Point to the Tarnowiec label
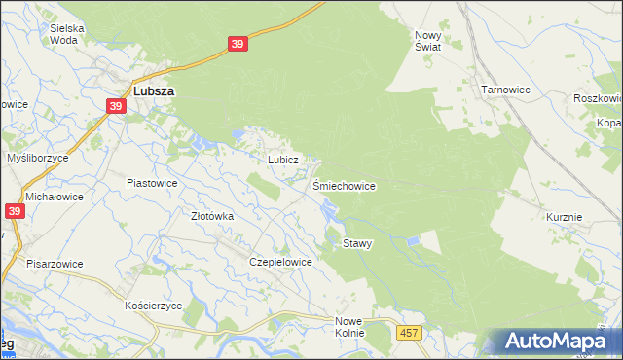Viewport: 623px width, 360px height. tap(504, 90)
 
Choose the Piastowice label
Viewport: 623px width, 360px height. tap(152, 182)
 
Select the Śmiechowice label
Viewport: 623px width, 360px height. tap(344, 185)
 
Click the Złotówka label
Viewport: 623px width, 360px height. tap(211, 217)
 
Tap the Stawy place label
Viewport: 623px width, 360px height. tap(357, 244)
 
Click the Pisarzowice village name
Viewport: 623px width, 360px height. tap(55, 264)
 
